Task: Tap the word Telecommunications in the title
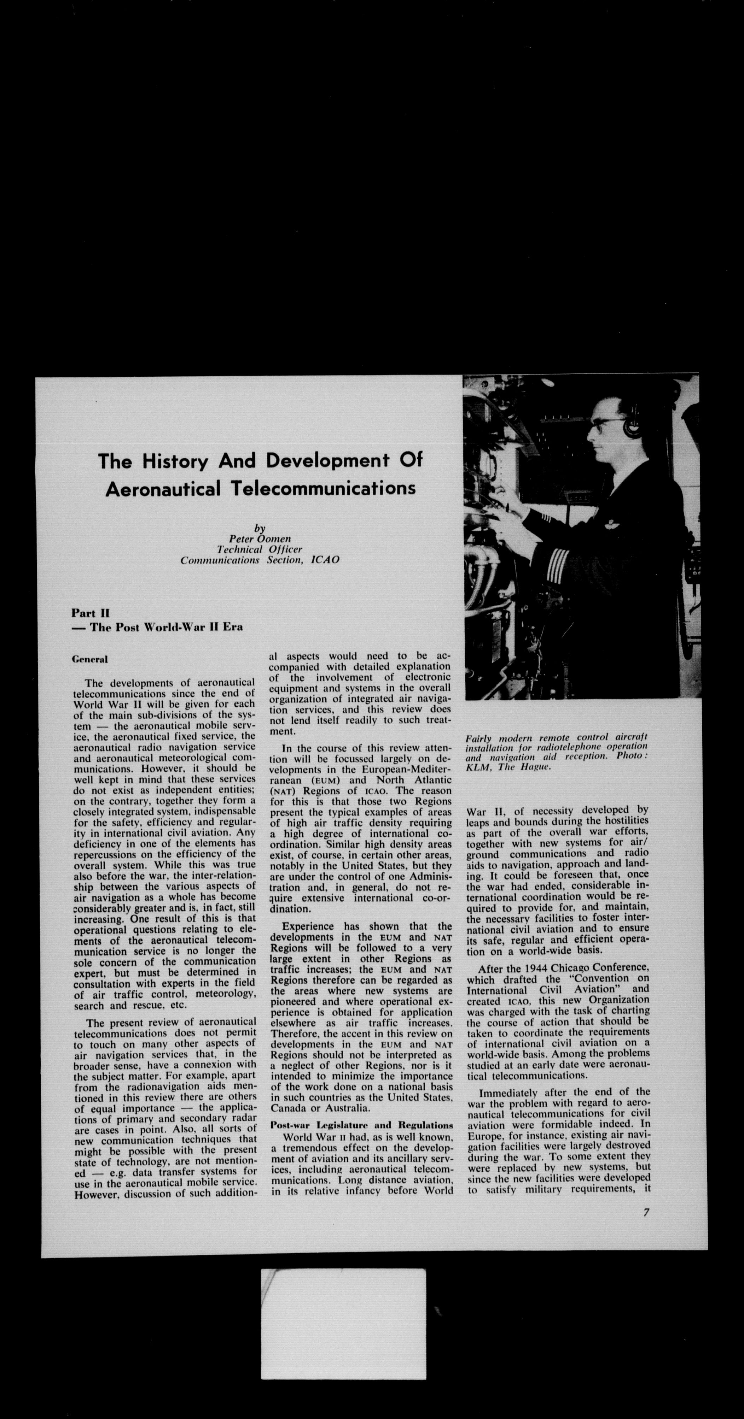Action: tap(322, 488)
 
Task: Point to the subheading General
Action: tap(90, 659)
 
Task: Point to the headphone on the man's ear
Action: tap(632, 426)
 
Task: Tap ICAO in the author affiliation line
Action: tap(325, 560)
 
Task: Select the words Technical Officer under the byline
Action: tap(259, 549)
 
